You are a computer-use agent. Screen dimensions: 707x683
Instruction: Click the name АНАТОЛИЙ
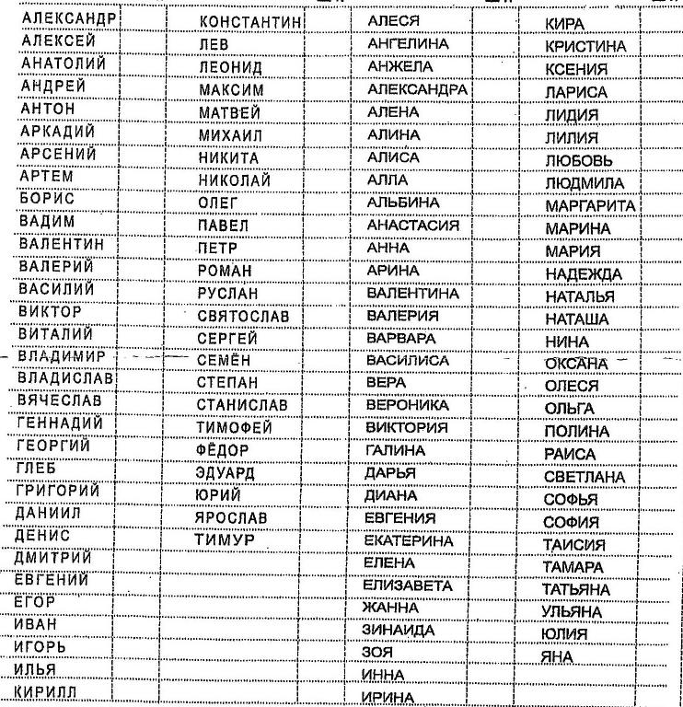point(63,64)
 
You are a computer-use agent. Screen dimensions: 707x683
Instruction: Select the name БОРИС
point(47,199)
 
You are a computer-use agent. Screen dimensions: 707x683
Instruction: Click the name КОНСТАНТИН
point(251,22)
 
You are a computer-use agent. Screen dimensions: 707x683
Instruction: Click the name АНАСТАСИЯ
point(412,226)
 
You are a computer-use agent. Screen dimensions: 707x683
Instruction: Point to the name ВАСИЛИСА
point(408,360)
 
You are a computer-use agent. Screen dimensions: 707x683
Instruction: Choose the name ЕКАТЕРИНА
point(409,540)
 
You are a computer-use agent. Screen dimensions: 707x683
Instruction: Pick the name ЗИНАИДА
point(399,630)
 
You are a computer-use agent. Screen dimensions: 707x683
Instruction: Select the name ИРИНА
point(388,697)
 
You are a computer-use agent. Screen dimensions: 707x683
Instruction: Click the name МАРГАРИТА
point(590,205)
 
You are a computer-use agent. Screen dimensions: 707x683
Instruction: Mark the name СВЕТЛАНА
point(584,478)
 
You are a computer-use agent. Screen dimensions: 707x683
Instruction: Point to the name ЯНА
point(557,656)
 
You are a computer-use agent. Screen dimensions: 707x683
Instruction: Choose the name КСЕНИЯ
point(576,70)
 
